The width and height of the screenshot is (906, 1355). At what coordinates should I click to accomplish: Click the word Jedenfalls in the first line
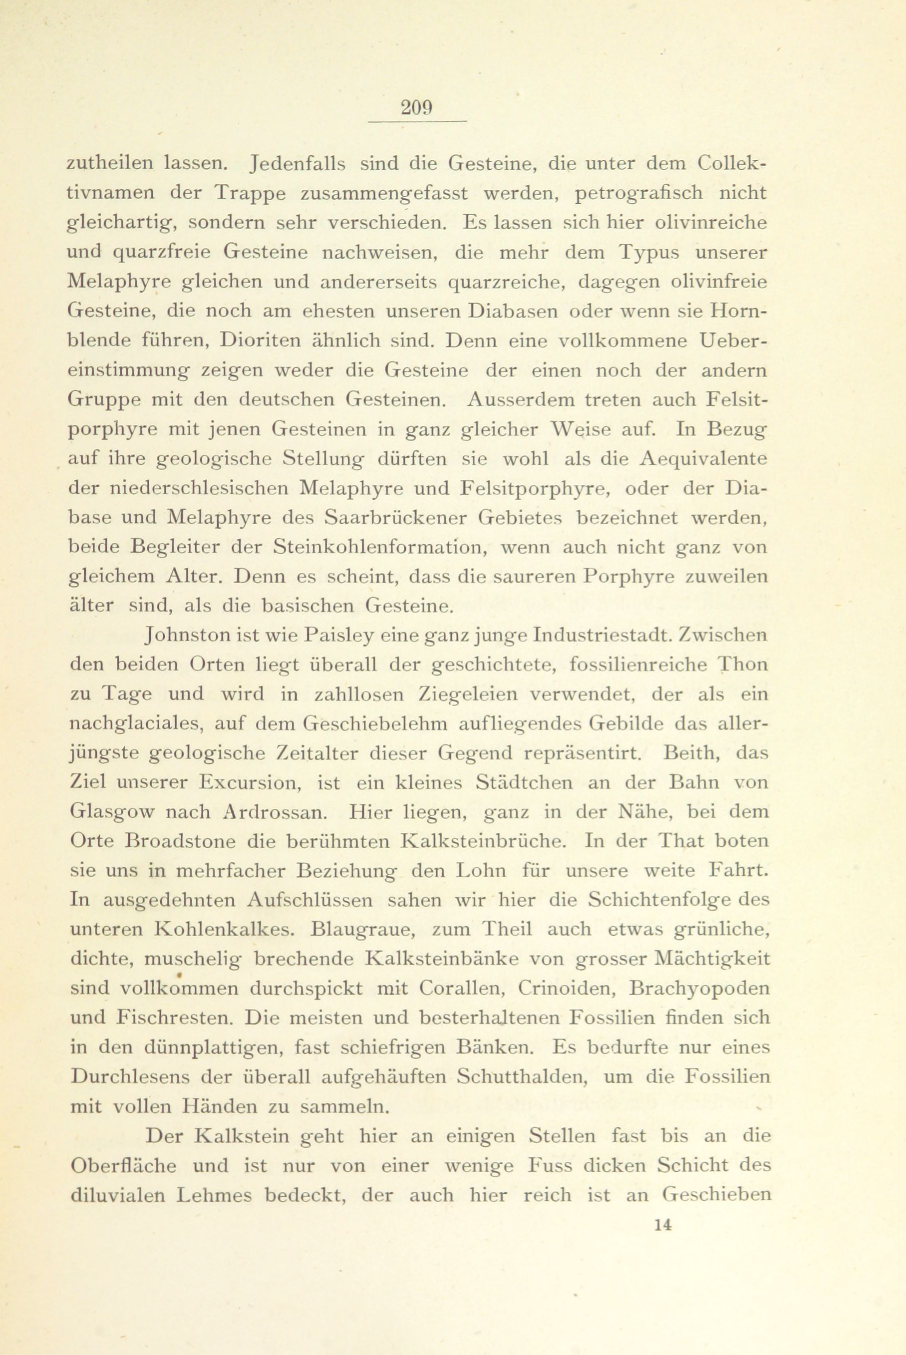point(297,164)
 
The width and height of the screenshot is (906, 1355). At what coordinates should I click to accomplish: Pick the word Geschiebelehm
point(379,723)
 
